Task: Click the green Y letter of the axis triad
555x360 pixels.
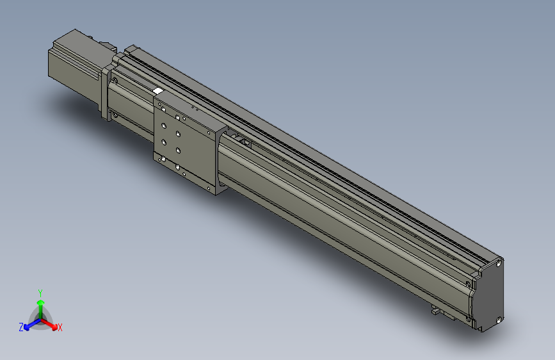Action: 40,291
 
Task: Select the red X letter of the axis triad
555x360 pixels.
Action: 60,328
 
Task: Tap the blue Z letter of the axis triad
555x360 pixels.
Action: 20,327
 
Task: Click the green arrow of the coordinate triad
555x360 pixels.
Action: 40,304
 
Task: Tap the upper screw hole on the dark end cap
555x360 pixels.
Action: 498,262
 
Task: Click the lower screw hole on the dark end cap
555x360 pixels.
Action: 497,318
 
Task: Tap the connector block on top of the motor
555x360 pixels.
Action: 106,46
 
